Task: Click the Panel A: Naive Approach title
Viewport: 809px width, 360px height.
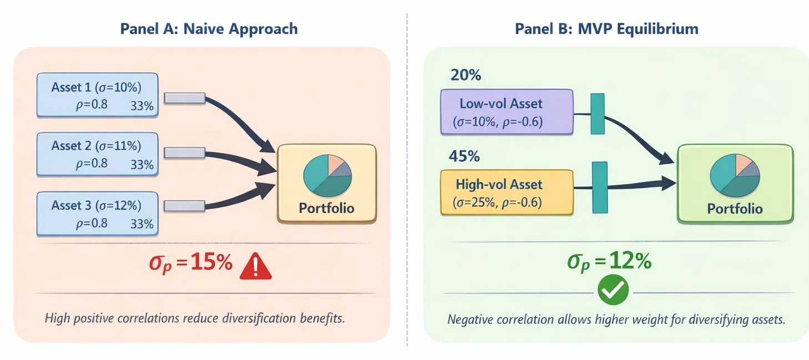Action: point(209,29)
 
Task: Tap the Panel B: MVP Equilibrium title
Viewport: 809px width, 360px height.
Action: point(606,29)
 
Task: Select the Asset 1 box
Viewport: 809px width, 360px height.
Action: point(98,95)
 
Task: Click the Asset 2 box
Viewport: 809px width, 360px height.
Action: point(98,154)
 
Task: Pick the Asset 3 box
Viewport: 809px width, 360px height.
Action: point(98,214)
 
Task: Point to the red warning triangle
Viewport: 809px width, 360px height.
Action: point(256,266)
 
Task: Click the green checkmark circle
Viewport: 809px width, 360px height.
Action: point(613,290)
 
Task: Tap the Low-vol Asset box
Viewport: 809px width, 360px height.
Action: point(507,112)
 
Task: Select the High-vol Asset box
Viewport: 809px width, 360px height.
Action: point(507,192)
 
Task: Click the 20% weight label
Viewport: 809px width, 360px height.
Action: point(466,75)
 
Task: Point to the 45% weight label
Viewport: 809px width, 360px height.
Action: point(464,156)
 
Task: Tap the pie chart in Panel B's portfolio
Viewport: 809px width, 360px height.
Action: point(735,175)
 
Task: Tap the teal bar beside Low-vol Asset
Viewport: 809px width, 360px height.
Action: point(598,114)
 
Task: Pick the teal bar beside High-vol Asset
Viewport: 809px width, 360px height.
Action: point(600,187)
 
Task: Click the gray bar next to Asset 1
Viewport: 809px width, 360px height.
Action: point(185,98)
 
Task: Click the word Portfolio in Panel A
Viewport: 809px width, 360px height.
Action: point(326,209)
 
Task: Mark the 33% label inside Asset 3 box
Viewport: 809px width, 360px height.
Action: point(142,224)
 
